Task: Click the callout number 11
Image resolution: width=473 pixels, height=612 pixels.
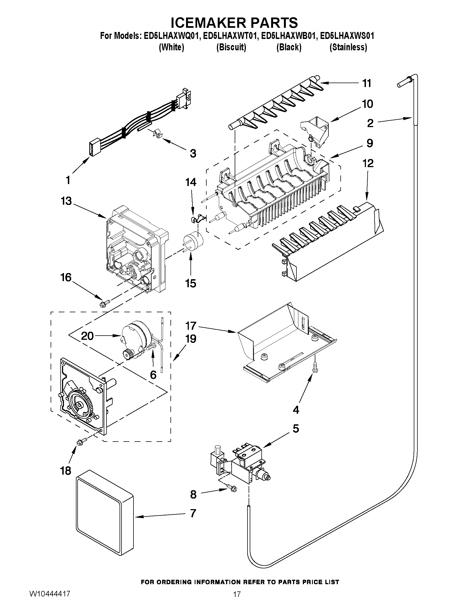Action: click(366, 83)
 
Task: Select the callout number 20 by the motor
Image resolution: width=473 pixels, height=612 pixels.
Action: click(87, 335)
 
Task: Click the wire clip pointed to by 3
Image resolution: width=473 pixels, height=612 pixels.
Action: click(158, 134)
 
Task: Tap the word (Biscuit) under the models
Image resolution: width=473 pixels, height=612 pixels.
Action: click(231, 47)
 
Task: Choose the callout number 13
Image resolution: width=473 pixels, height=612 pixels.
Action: click(66, 201)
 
